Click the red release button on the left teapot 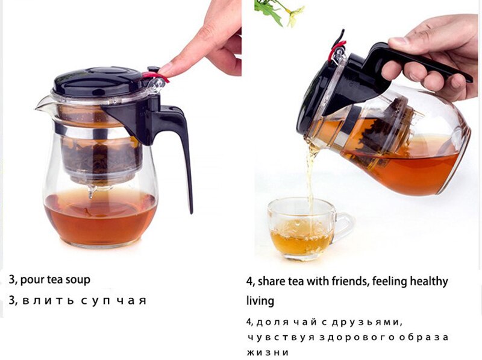155,77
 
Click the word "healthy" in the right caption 428,282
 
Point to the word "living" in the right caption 260,300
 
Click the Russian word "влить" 45,300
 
